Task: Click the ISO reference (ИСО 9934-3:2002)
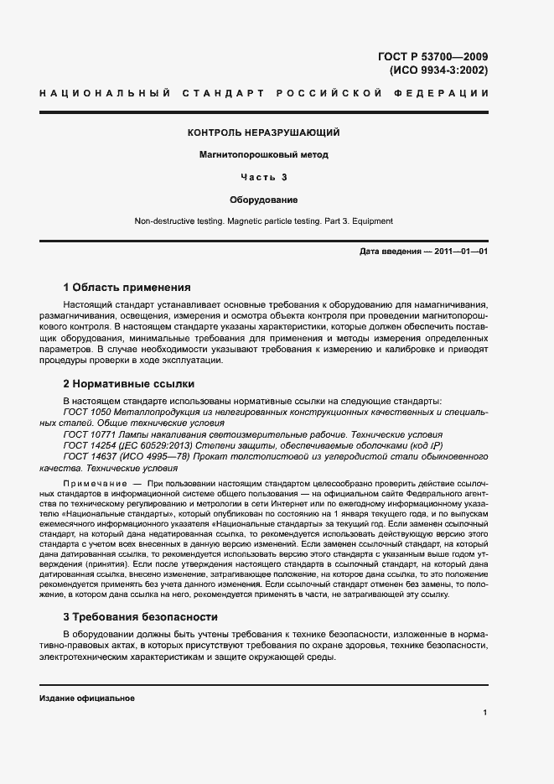pyautogui.click(x=439, y=70)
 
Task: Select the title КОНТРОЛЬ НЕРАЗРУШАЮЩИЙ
pyautogui.click(x=264, y=132)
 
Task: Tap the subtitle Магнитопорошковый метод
pyautogui.click(x=264, y=154)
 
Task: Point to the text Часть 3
pyautogui.click(x=264, y=177)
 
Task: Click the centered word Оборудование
pyautogui.click(x=264, y=200)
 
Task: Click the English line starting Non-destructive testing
pyautogui.click(x=264, y=221)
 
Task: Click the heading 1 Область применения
pyautogui.click(x=127, y=287)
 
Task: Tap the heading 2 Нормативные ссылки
pyautogui.click(x=129, y=384)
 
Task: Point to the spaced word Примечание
pyautogui.click(x=92, y=485)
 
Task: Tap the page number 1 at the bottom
pyautogui.click(x=484, y=713)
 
